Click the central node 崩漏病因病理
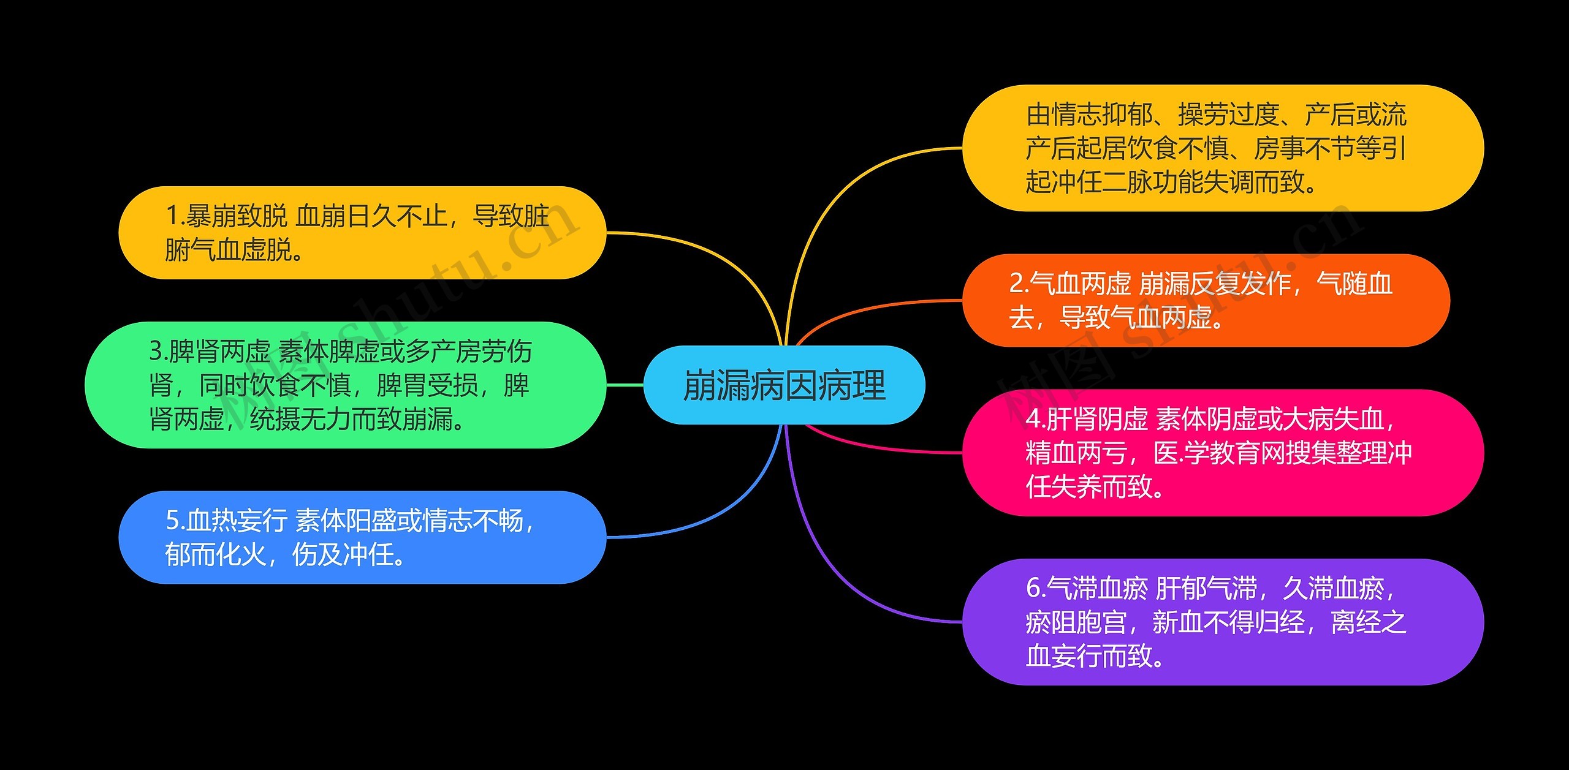(784, 385)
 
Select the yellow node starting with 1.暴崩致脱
(362, 233)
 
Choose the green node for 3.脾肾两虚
(345, 385)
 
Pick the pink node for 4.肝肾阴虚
(1223, 453)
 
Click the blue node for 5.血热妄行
(362, 537)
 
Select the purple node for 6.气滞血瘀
(1223, 622)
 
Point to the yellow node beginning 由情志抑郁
(1223, 148)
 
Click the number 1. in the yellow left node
(175, 216)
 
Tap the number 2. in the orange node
(1019, 284)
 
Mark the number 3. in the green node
(158, 352)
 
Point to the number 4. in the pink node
(1035, 420)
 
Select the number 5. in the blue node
(175, 521)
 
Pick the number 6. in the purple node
(1035, 589)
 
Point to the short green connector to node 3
(625, 385)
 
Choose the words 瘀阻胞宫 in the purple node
(1076, 622)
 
